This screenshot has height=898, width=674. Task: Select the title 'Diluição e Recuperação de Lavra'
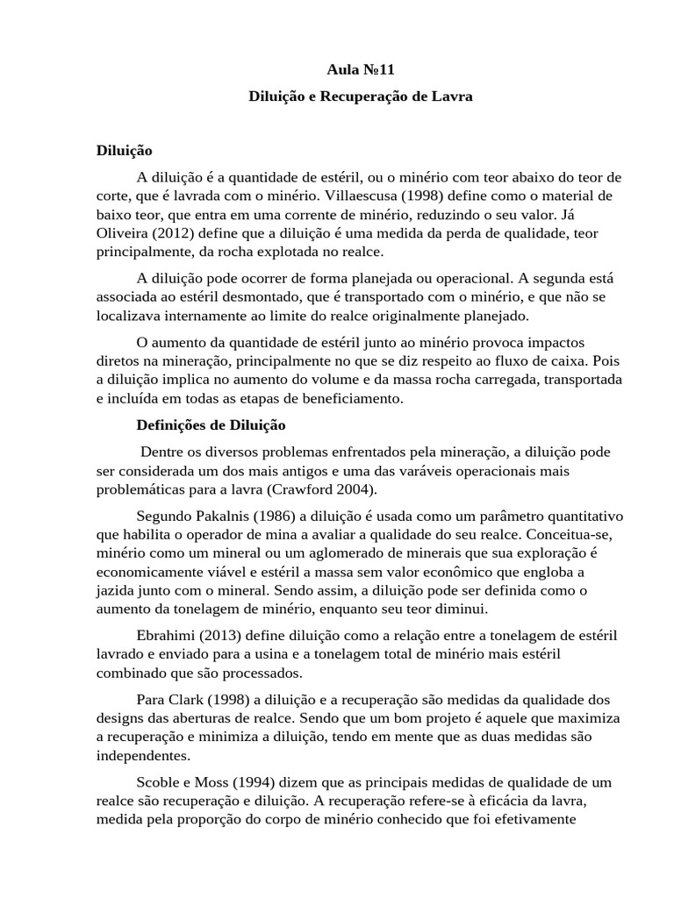tap(360, 97)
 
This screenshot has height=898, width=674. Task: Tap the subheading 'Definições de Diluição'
tap(212, 425)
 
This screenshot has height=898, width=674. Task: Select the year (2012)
tap(179, 232)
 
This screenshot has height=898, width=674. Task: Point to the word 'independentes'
tap(140, 754)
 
